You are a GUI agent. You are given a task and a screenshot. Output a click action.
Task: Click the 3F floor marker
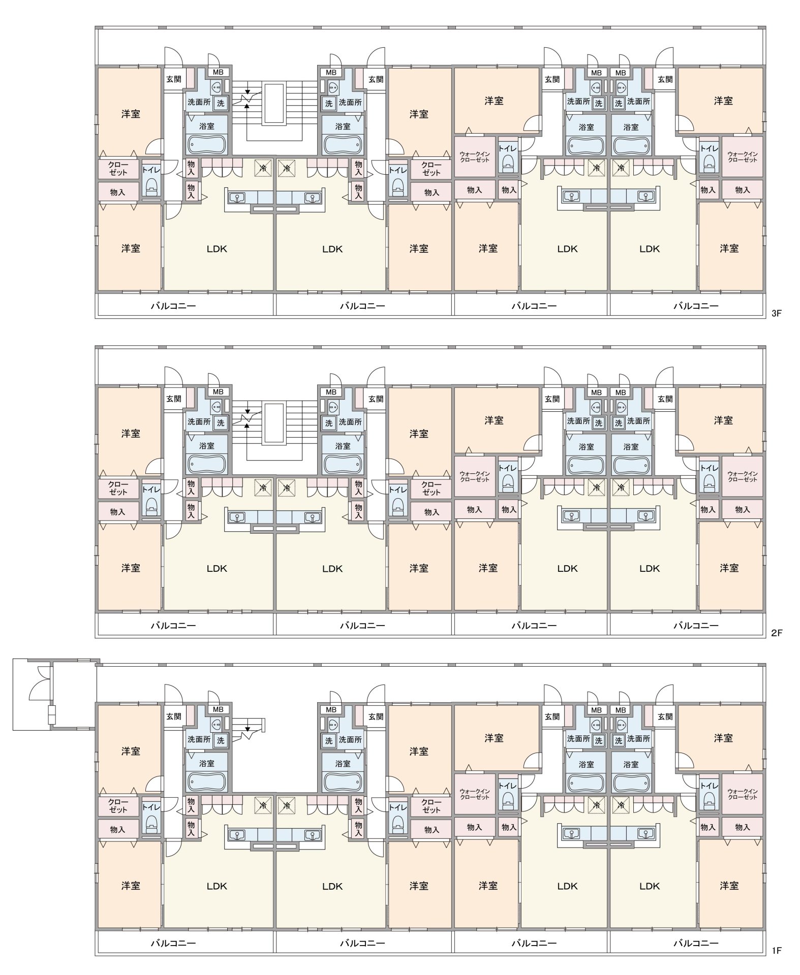(776, 313)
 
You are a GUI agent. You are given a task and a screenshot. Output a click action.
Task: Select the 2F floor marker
(776, 633)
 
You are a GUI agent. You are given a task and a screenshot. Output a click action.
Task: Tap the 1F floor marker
(776, 950)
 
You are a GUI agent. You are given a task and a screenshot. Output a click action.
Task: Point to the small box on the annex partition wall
(51, 714)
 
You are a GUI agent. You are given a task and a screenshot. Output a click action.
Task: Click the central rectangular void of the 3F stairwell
(273, 104)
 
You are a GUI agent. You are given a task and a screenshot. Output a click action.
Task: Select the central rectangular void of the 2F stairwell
(273, 424)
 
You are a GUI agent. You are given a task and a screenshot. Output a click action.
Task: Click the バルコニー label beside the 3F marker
(696, 306)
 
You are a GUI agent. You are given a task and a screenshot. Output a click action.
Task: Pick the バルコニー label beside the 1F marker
(696, 943)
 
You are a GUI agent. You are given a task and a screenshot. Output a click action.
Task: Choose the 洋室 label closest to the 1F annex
(131, 751)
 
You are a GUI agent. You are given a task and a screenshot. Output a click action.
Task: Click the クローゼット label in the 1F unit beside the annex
(118, 806)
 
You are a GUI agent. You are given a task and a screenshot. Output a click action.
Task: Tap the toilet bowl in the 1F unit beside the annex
(151, 824)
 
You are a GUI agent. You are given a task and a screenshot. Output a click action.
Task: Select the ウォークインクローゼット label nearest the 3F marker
(742, 157)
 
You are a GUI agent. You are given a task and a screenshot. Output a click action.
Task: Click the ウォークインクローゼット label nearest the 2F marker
(742, 476)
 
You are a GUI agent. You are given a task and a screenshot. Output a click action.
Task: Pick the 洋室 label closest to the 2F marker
(729, 568)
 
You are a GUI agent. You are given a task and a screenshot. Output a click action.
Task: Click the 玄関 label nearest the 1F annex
(173, 717)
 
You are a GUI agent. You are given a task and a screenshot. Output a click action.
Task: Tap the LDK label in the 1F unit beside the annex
(217, 886)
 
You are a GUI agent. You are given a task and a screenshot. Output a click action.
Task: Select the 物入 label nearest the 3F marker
(743, 190)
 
